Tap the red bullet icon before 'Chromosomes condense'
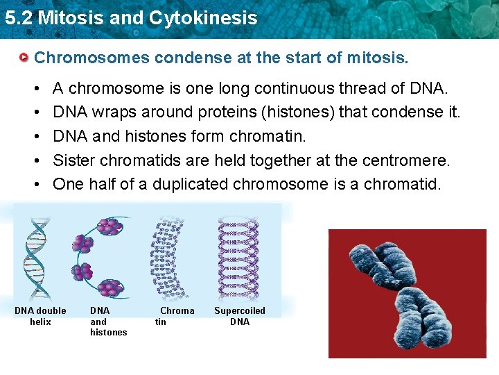point(25,57)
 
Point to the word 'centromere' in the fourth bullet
point(410,160)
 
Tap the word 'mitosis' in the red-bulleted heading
point(379,57)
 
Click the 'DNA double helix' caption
point(40,316)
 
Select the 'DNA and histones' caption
point(107,322)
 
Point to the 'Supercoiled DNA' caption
point(239,316)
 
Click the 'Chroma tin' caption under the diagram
point(173,316)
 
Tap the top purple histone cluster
point(107,226)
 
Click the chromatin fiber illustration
point(168,256)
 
